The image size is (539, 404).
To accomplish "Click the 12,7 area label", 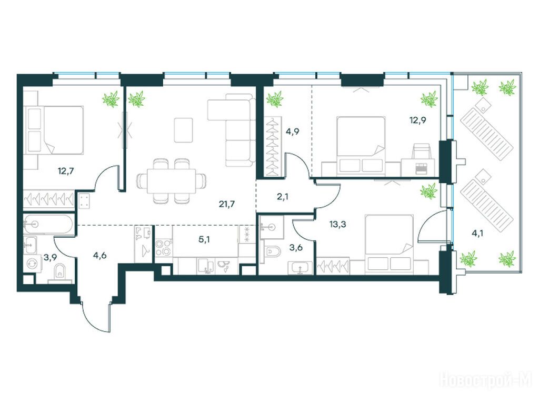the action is click(x=66, y=170).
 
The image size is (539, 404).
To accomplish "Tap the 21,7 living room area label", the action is click(x=227, y=204).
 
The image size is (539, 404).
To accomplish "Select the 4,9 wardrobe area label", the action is click(x=292, y=132).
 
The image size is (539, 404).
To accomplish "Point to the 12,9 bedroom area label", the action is click(x=417, y=120).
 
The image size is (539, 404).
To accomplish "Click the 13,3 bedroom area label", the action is click(x=337, y=225).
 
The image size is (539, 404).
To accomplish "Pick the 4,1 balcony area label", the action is click(x=477, y=234).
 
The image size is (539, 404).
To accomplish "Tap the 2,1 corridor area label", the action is click(x=282, y=197).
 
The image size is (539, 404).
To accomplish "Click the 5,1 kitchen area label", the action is click(x=205, y=239).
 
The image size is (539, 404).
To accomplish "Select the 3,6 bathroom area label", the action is click(x=296, y=247).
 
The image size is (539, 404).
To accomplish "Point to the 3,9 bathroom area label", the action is click(x=50, y=257).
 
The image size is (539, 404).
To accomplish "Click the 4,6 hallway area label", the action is click(x=99, y=256).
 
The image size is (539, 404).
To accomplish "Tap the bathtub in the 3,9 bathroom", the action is click(x=48, y=225).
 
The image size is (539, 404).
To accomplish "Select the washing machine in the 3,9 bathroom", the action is click(x=32, y=263).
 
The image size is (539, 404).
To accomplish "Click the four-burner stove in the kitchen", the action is click(x=163, y=247).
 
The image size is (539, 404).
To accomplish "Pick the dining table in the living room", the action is click(x=171, y=181).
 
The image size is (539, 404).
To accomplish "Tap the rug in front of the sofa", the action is click(x=183, y=130).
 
